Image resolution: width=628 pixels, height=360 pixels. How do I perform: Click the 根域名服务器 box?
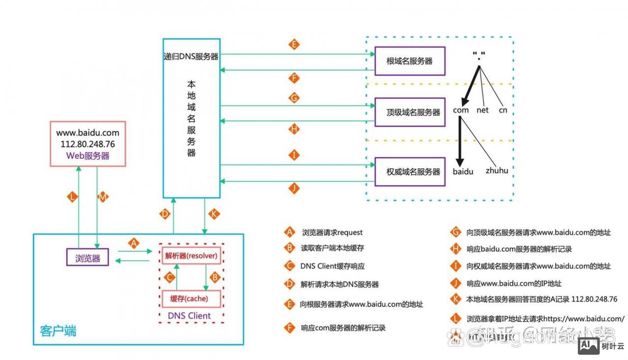click(x=410, y=61)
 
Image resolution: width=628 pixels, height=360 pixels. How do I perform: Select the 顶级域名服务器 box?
click(x=410, y=112)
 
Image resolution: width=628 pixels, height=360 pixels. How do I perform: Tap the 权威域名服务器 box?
click(x=410, y=172)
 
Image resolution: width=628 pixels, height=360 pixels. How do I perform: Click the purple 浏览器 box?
click(x=88, y=257)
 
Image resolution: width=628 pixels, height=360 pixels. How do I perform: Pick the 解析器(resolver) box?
click(x=191, y=256)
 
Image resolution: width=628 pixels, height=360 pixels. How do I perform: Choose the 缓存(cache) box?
click(x=191, y=299)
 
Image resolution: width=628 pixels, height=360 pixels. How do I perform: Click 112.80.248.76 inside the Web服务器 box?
click(x=88, y=144)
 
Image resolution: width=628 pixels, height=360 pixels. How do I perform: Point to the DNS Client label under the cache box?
click(x=189, y=316)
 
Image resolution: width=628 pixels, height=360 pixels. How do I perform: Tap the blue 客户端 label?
click(x=58, y=331)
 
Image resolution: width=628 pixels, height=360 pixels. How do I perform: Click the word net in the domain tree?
click(x=483, y=110)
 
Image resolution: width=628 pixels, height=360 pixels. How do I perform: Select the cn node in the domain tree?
click(x=503, y=110)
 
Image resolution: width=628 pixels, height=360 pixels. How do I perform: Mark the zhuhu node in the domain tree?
click(x=497, y=171)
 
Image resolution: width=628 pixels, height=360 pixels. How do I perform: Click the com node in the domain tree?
click(x=461, y=110)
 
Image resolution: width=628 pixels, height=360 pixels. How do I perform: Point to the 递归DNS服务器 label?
click(x=191, y=56)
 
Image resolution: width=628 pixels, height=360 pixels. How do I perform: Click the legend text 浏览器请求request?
click(x=332, y=232)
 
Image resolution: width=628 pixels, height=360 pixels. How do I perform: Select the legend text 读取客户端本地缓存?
click(x=332, y=249)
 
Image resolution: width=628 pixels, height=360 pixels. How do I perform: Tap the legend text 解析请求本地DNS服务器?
click(x=340, y=284)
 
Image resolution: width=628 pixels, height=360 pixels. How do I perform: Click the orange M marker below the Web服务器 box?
click(x=103, y=197)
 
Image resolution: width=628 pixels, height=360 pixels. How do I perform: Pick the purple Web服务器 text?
click(x=88, y=156)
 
